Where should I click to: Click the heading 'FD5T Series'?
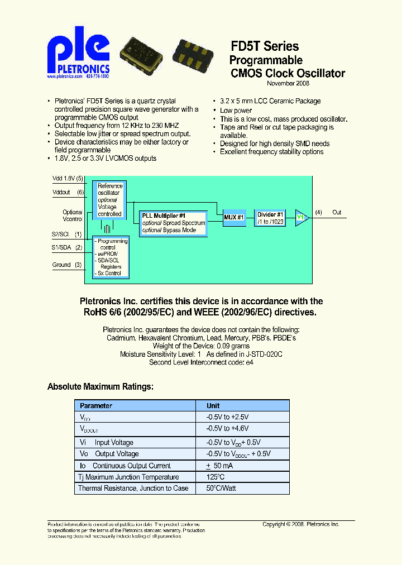[x=265, y=47]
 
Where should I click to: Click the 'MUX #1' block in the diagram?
[x=234, y=217]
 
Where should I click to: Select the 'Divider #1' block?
[x=271, y=218]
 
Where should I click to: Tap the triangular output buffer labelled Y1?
[x=301, y=217]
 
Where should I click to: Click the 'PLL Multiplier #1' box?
[x=172, y=223]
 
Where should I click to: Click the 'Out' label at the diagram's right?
[x=337, y=212]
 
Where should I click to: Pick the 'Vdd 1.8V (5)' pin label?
[x=68, y=178]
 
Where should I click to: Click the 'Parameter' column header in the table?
[x=96, y=406]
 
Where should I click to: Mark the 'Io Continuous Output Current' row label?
[x=124, y=466]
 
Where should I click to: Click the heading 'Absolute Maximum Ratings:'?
[x=100, y=386]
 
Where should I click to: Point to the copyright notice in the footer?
[x=300, y=524]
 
